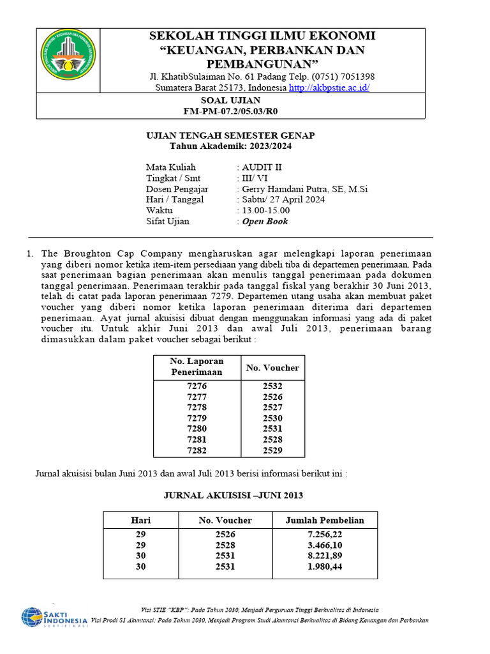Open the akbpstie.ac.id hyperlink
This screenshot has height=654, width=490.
[x=329, y=87]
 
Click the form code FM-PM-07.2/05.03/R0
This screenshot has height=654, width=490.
[x=230, y=111]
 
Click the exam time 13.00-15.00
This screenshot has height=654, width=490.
[x=265, y=211]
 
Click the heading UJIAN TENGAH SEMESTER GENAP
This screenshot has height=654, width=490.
[x=230, y=135]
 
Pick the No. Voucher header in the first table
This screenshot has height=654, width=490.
[x=272, y=367]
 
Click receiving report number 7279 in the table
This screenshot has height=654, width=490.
[x=197, y=418]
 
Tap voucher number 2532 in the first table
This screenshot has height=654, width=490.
[x=272, y=386]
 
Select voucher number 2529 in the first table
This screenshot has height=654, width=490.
[x=272, y=450]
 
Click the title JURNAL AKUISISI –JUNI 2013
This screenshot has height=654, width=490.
[x=234, y=495]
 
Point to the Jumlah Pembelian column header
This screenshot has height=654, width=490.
[x=325, y=520]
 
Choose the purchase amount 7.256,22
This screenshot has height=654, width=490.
[x=325, y=534]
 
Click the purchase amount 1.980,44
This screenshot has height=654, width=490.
[x=325, y=567]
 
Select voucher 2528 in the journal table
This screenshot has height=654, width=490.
[x=225, y=545]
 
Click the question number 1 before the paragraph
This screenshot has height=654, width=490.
[x=30, y=253]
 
